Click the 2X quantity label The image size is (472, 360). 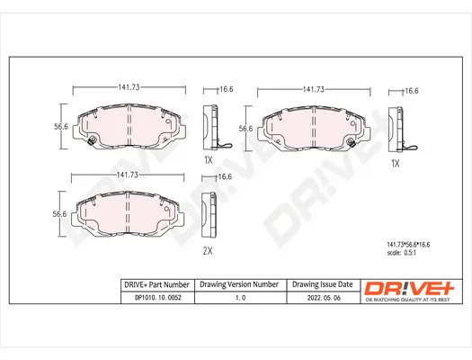click(x=208, y=249)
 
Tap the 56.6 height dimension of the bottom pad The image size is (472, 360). click(x=59, y=213)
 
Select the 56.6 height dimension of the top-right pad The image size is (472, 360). click(x=245, y=129)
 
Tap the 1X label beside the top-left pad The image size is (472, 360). click(x=208, y=158)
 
